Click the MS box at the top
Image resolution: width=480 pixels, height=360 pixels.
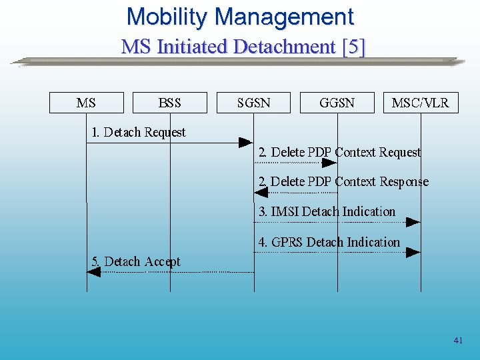[x=86, y=103]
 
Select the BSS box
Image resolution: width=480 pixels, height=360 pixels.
[x=169, y=103]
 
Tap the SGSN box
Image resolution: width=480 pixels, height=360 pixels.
[x=253, y=103]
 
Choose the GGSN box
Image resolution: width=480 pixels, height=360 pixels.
[x=337, y=103]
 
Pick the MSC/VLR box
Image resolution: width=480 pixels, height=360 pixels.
[x=420, y=103]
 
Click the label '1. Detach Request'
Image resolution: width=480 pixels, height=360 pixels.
[x=138, y=132]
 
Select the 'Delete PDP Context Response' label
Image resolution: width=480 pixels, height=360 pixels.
[x=343, y=181]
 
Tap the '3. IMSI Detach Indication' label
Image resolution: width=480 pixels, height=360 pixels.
[x=327, y=211]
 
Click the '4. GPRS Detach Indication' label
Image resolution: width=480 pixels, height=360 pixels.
[x=329, y=242]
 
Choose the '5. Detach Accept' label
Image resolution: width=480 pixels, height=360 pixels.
[x=135, y=261]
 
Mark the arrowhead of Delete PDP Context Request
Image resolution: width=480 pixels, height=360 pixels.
[x=329, y=162]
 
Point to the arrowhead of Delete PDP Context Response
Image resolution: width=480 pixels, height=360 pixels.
[x=261, y=192]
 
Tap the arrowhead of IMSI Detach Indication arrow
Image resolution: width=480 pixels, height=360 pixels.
[x=413, y=221]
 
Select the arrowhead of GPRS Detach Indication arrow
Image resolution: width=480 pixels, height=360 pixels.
[x=413, y=252]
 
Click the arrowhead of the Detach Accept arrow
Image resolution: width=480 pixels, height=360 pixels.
[x=94, y=272]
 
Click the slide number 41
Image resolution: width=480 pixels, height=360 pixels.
[x=457, y=341]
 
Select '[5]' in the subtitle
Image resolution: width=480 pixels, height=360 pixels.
[x=353, y=47]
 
